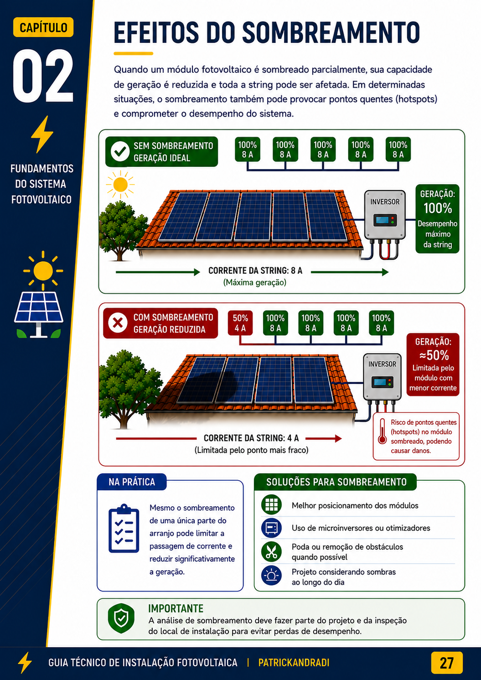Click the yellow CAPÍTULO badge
[x=43, y=27]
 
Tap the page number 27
[x=447, y=663]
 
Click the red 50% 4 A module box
[x=240, y=323]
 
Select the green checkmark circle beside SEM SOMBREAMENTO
[x=120, y=151]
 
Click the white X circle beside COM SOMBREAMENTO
[x=118, y=323]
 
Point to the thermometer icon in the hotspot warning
[x=382, y=432]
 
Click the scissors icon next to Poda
[x=271, y=551]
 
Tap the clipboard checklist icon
[x=124, y=528]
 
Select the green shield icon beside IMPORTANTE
[x=121, y=618]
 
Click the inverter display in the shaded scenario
[x=383, y=382]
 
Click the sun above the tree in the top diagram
[x=120, y=185]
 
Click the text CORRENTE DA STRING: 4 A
[x=251, y=438]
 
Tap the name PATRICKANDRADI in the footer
[x=294, y=663]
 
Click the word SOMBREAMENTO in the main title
[x=331, y=32]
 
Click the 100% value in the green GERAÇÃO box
[x=438, y=208]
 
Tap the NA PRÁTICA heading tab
[x=132, y=482]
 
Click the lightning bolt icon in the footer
[x=25, y=663]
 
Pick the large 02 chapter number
[x=43, y=76]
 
